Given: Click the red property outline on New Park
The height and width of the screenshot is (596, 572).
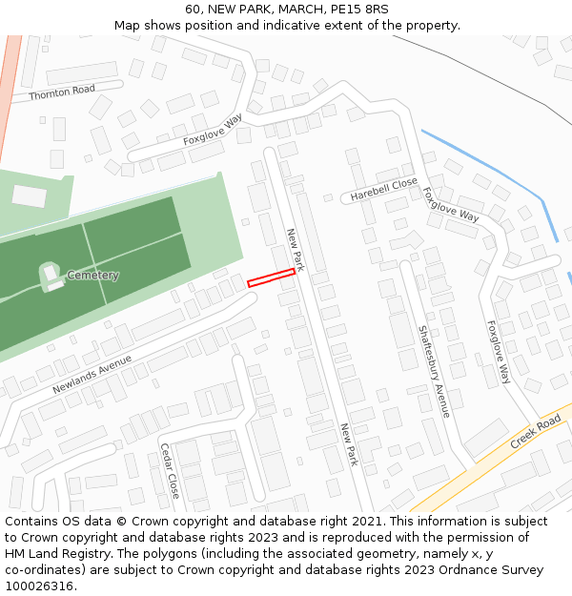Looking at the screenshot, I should pyautogui.click(x=271, y=277).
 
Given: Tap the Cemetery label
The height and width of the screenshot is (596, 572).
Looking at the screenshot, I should pyautogui.click(x=92, y=276).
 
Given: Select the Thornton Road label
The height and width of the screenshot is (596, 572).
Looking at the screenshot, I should pyautogui.click(x=62, y=92).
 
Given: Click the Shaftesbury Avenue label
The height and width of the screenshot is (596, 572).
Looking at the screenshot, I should pyautogui.click(x=434, y=371).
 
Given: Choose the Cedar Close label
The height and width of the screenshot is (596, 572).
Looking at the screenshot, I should pyautogui.click(x=170, y=470).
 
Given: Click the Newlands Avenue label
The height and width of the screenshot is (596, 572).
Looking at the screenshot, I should pyautogui.click(x=92, y=375).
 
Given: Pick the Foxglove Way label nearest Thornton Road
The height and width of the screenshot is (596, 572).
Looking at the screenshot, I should pyautogui.click(x=213, y=130).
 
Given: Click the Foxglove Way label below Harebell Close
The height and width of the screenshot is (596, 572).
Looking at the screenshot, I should pyautogui.click(x=451, y=204).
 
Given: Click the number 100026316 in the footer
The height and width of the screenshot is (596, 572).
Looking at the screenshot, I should pyautogui.click(x=39, y=586).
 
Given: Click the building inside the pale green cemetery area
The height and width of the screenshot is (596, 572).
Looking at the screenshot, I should pyautogui.click(x=30, y=196).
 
